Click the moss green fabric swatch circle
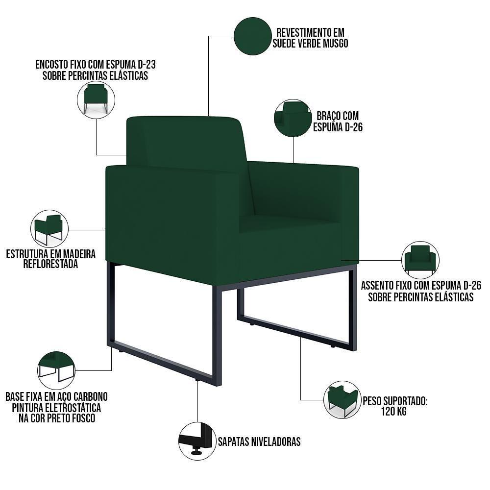pos(253,36)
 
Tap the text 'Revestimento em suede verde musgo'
pos(312,38)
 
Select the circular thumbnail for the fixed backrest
pos(96,100)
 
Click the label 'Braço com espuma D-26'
pos(338,122)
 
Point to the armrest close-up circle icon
pos(293,118)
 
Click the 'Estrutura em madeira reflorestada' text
pos(50,259)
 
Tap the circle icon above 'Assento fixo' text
pos(420,259)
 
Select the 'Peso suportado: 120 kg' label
pos(395,406)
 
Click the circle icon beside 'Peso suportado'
pos(342,399)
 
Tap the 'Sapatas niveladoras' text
pos(259,441)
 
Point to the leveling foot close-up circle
pos(197,441)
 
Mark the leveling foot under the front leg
pos(197,379)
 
